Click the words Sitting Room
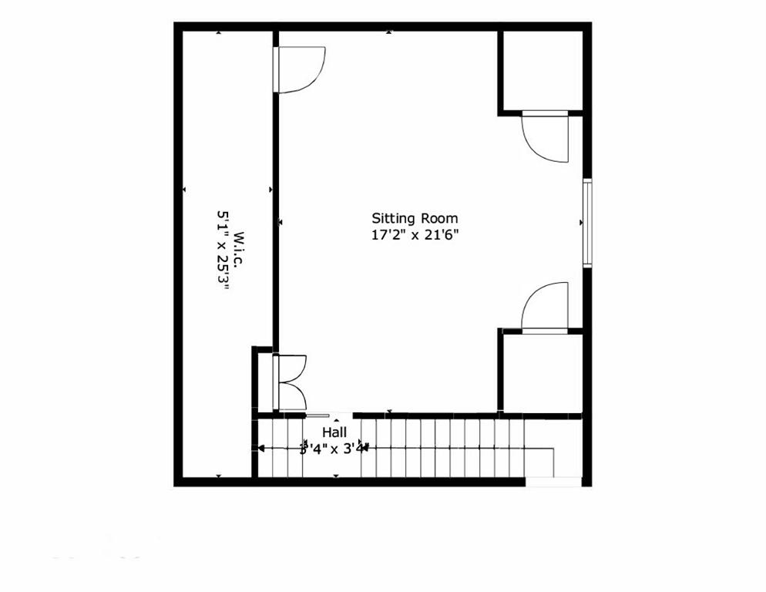point(415,218)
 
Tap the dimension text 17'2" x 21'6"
point(415,235)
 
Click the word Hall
point(334,432)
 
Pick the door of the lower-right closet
point(546,308)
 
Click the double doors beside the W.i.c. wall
point(291,382)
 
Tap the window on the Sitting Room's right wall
point(586,223)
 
